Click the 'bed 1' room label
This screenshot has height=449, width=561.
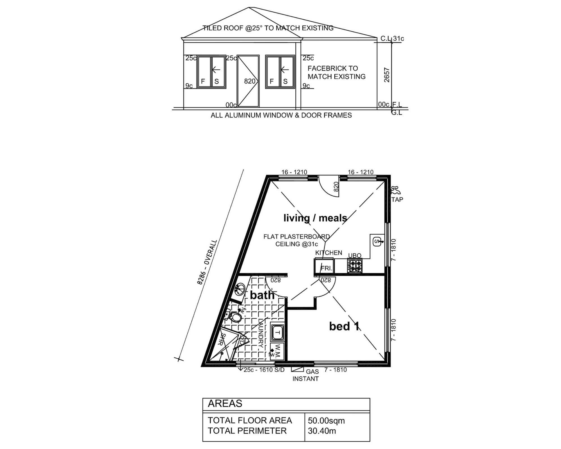[x=344, y=326]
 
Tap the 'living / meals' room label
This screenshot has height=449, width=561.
[x=315, y=218]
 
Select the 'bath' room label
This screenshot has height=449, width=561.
[x=262, y=295]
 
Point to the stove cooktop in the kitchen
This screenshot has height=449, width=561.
[x=355, y=265]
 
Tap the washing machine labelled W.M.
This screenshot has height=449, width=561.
[x=277, y=351]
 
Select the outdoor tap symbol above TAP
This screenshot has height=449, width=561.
[x=396, y=191]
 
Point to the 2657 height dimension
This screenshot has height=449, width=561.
[x=387, y=75]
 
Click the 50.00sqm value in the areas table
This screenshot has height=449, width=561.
[x=326, y=421]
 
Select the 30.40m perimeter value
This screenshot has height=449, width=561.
[x=322, y=431]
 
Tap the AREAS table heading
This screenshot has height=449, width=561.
[x=225, y=404]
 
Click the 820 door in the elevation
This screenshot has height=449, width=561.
[x=248, y=81]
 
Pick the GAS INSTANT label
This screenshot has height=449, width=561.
[x=306, y=375]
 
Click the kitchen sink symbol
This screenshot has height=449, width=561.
[x=378, y=241]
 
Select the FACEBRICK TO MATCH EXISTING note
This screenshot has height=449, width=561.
[x=337, y=72]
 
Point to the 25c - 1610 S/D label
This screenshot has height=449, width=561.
[x=264, y=370]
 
